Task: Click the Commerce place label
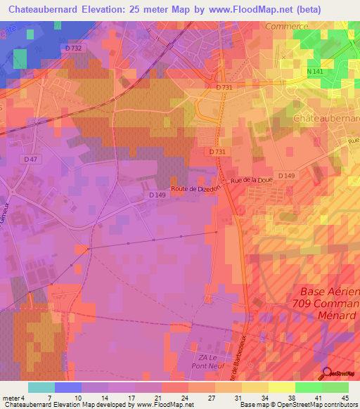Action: coord(287,26)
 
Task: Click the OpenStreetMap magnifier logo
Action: coord(328,374)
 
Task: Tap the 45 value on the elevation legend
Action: coord(345,397)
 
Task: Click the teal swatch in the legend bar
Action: coord(41,387)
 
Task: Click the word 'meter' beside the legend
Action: coord(11,397)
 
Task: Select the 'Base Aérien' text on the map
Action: coord(330,292)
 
